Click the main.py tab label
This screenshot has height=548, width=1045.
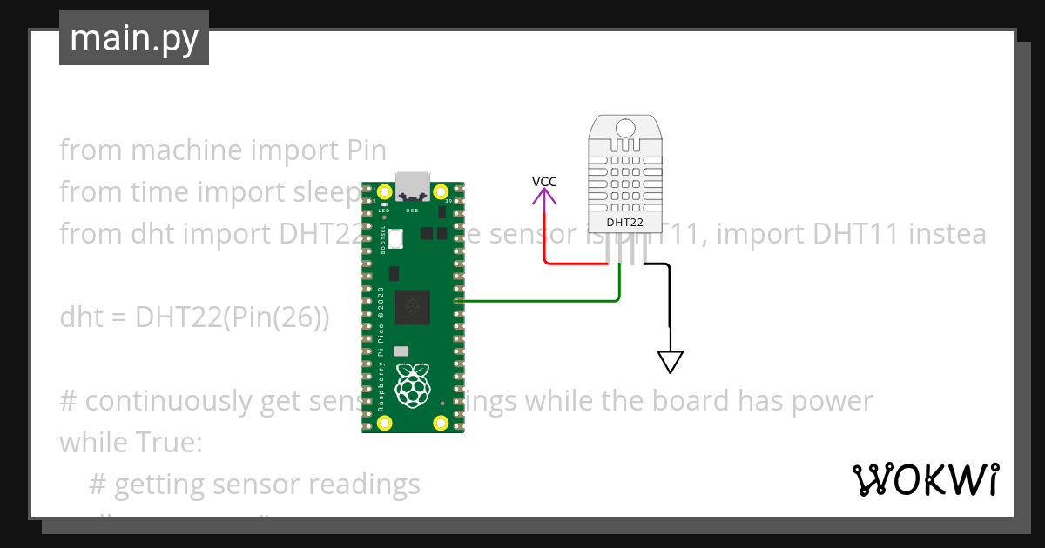[134, 38]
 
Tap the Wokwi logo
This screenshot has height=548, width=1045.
[925, 479]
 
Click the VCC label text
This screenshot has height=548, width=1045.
[544, 182]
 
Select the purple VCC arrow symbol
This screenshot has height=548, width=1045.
[545, 199]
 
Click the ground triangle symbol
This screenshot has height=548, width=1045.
[671, 361]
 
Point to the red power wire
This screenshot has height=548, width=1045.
[575, 263]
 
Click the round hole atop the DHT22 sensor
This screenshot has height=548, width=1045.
[625, 129]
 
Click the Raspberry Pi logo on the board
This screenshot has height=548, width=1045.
[413, 385]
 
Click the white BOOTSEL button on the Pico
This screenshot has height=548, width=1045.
[396, 237]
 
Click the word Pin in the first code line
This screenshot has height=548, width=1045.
[361, 150]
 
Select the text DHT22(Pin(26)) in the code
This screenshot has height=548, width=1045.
[233, 317]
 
